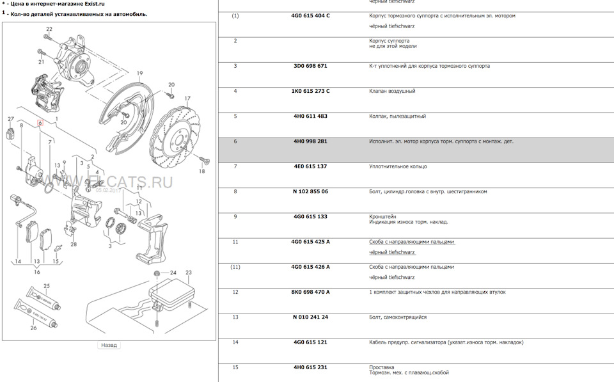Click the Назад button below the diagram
(x=109, y=345)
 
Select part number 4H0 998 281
(x=310, y=141)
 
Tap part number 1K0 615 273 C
(x=311, y=91)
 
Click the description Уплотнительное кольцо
(x=398, y=166)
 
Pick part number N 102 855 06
(x=311, y=191)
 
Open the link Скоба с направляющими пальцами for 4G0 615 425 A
(x=411, y=242)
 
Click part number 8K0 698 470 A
(x=311, y=292)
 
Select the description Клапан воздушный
(x=392, y=91)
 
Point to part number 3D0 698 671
(x=310, y=66)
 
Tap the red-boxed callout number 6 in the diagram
(x=40, y=123)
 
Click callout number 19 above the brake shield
(x=140, y=74)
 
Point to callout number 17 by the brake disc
(x=187, y=99)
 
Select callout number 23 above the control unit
(x=188, y=273)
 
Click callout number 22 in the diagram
(x=49, y=29)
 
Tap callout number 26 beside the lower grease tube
(x=34, y=328)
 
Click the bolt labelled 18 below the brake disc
(x=204, y=159)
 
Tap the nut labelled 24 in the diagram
(x=157, y=273)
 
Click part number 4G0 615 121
(x=310, y=342)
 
